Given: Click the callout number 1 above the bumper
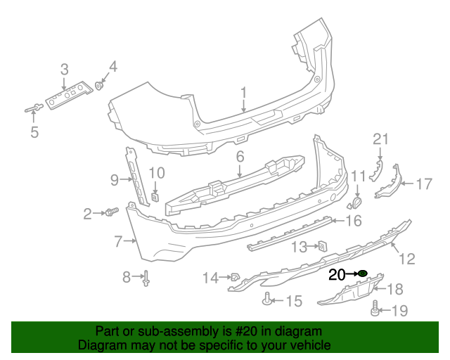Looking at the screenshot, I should pos(243,93).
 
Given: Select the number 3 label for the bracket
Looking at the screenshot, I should pos(64,69).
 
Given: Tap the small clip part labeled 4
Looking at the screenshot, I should pos(100,86).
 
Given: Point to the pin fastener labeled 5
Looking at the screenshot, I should pos(34,108).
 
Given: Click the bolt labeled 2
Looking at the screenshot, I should pos(110,212).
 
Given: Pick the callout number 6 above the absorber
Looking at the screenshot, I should pos(239,157).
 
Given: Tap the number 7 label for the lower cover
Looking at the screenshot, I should pos(118,241).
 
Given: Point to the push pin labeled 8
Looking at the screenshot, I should pos(147,279).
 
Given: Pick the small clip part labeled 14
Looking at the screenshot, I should pos(235,278).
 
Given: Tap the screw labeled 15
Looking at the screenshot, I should pos(267,301).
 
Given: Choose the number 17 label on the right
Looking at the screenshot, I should pos(423,184).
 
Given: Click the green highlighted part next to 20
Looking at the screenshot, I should pos(363,273).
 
